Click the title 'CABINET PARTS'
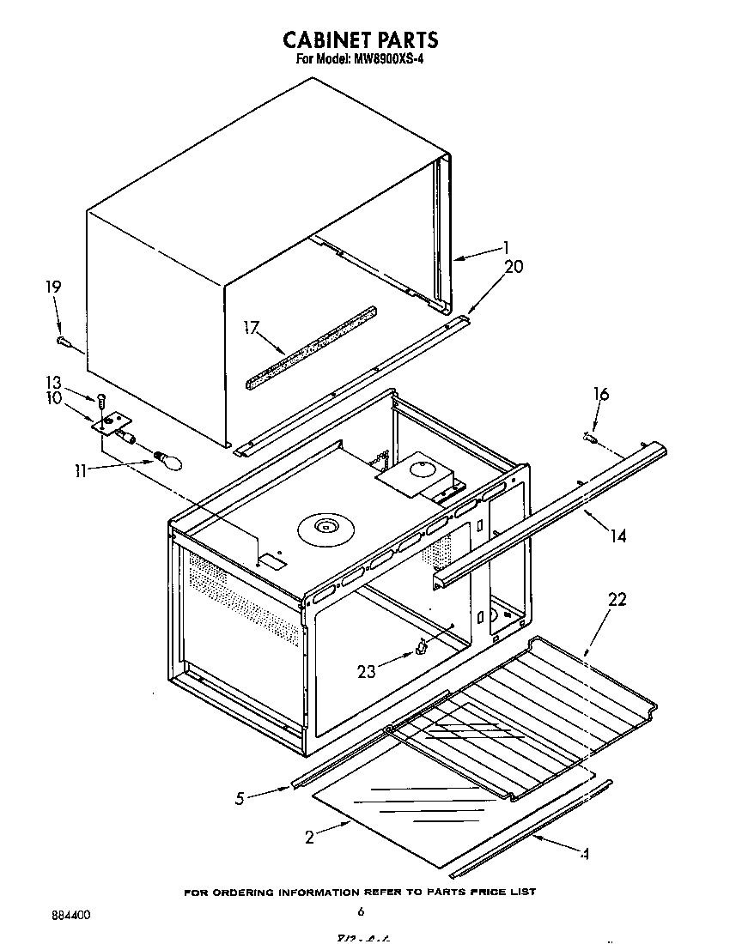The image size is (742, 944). click(361, 39)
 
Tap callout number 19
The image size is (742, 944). click(53, 287)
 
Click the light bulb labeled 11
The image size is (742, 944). click(168, 462)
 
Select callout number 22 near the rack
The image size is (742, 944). click(617, 600)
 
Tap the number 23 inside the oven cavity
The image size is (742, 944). click(367, 672)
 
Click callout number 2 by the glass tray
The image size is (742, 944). click(310, 838)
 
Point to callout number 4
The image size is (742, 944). click(585, 854)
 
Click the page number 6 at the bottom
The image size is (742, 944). click(362, 911)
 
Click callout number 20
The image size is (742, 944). click(513, 266)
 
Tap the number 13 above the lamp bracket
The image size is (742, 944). click(53, 383)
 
